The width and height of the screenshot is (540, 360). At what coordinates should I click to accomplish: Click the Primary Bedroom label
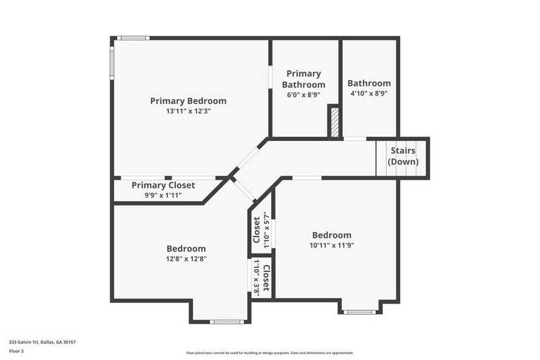[x=188, y=101]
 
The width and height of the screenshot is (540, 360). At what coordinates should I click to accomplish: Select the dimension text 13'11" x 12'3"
[x=188, y=111]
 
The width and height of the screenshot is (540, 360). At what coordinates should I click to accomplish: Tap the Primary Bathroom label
[x=304, y=79]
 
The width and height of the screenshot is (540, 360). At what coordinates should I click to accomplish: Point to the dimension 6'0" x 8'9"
[x=304, y=95]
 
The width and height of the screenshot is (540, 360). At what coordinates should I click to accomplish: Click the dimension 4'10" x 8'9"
[x=369, y=94]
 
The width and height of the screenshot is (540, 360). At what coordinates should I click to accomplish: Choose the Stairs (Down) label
[x=403, y=156]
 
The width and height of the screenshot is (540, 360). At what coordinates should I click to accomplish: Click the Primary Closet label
[x=163, y=185]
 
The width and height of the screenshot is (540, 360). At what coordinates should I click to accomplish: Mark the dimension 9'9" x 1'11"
[x=163, y=195]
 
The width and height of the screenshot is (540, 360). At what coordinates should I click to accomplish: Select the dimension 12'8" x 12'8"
[x=186, y=258]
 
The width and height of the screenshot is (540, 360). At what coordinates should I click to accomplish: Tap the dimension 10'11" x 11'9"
[x=332, y=245]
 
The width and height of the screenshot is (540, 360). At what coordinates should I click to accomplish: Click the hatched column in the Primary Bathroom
[x=334, y=122]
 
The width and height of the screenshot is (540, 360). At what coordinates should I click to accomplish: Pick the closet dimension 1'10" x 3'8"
[x=256, y=278]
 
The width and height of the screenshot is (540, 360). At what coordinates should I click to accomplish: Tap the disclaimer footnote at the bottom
[x=269, y=353]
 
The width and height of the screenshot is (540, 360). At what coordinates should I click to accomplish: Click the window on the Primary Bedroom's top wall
[x=133, y=38]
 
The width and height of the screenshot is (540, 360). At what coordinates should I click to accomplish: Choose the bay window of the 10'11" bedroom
[x=359, y=312]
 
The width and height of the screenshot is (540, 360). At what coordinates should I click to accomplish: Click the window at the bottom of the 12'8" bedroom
[x=227, y=321]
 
